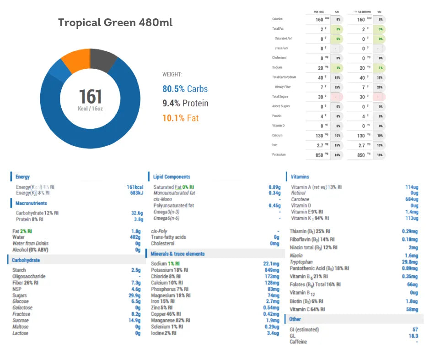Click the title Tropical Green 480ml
coord(115,23)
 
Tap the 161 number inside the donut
coord(90,97)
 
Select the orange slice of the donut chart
coord(75,58)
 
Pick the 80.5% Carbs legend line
coord(185,89)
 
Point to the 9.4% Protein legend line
coord(185,103)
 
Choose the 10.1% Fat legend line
coord(180,118)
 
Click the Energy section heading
coord(22,177)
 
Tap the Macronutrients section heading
coord(31,203)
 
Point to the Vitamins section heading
coord(300,177)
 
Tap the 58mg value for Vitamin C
coord(411,310)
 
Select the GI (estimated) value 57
coord(415,329)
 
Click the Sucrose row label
coord(21,321)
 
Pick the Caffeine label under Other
coord(298,342)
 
